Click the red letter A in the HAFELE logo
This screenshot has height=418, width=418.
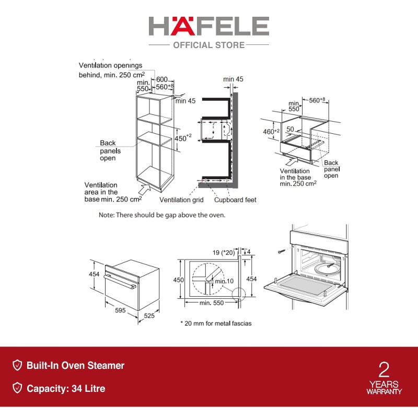click(x=182, y=26)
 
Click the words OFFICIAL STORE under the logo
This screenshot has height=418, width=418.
click(x=208, y=45)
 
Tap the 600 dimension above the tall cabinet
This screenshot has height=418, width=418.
click(x=162, y=79)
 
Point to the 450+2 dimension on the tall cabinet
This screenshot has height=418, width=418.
click(x=183, y=138)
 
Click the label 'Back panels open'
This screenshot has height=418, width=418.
click(x=110, y=150)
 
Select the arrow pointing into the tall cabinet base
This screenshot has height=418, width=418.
click(x=145, y=189)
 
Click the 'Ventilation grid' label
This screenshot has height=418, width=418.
click(x=181, y=200)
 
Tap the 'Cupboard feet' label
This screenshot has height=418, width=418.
click(x=235, y=200)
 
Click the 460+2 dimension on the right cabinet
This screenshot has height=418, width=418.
click(x=271, y=131)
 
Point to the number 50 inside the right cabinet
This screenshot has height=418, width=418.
click(x=290, y=129)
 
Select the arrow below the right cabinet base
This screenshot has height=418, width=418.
click(x=292, y=161)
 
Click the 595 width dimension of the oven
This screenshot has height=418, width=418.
click(x=120, y=310)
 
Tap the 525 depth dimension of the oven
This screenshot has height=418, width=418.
click(x=149, y=316)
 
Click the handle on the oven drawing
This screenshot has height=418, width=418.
click(x=120, y=282)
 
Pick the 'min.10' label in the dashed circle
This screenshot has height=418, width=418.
click(x=224, y=281)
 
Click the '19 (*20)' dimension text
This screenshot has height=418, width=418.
click(x=224, y=252)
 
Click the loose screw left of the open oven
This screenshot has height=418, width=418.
click(x=282, y=251)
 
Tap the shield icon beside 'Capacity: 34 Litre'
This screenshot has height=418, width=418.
click(x=17, y=388)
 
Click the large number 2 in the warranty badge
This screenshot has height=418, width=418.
click(x=384, y=369)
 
